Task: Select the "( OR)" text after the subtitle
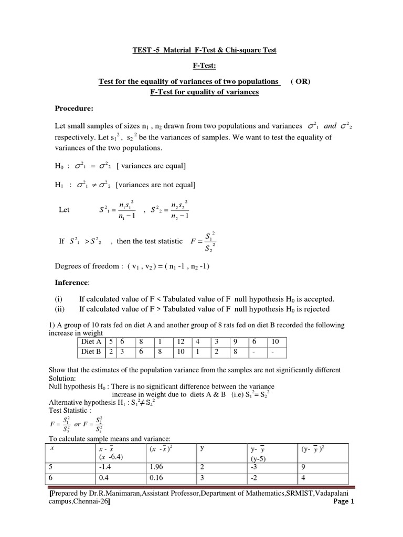pos(300,82)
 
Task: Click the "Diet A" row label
pos(90,341)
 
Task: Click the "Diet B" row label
pos(90,351)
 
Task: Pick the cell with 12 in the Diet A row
pos(181,341)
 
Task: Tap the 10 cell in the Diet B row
pos(181,351)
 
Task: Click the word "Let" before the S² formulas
pos(64,210)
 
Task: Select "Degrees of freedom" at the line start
pos(87,266)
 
